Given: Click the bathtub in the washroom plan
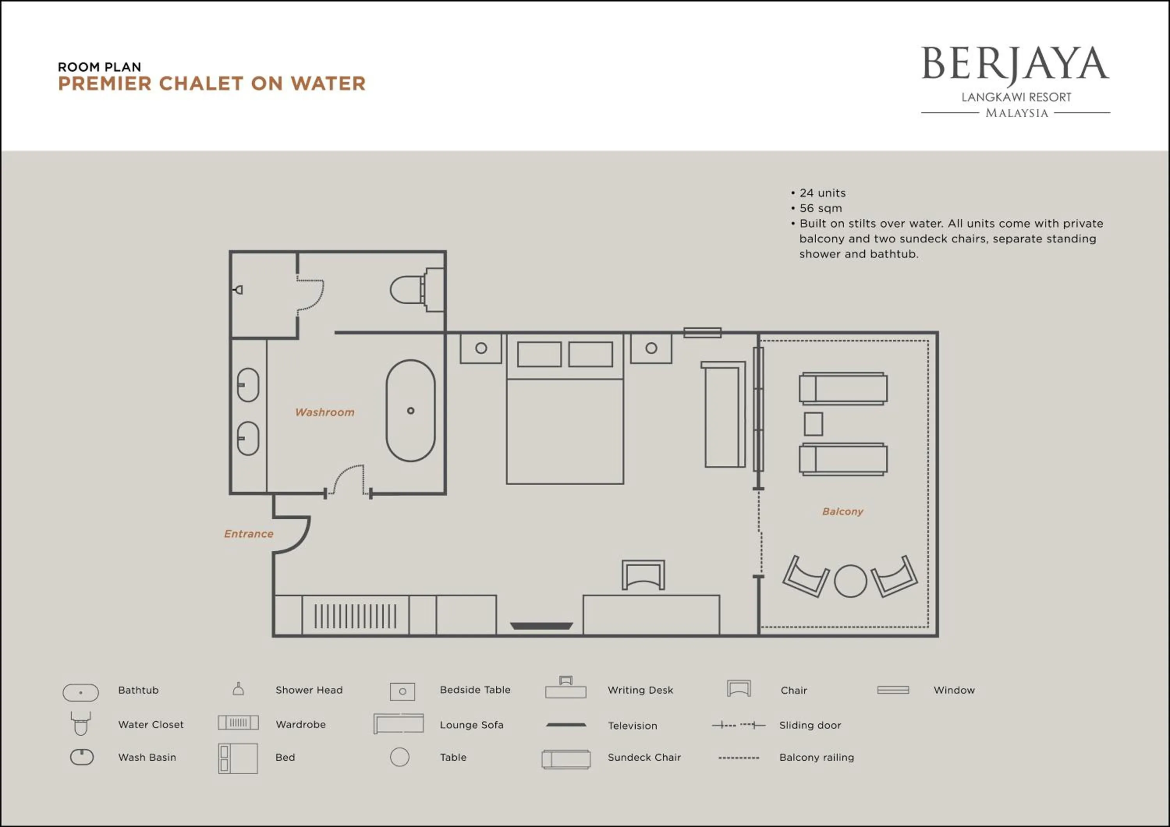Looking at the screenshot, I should pos(410,411).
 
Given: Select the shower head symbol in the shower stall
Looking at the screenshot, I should pos(238,290).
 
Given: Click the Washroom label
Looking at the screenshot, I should pos(324,412).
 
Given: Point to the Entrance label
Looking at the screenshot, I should pos(249,534).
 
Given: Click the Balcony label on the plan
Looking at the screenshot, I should pos(842,511).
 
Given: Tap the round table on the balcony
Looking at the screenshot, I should pos(850,581).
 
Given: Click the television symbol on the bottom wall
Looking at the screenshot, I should pos(541,626).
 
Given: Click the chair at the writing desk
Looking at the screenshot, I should pos(643,574).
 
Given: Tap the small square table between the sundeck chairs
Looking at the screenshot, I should pos(813,424).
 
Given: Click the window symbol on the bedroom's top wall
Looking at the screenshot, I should pos(702,332).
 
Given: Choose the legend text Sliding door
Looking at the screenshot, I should pos(810,725).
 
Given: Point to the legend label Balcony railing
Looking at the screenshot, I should pos(816,757).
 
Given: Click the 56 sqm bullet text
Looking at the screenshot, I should pos(821,208).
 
